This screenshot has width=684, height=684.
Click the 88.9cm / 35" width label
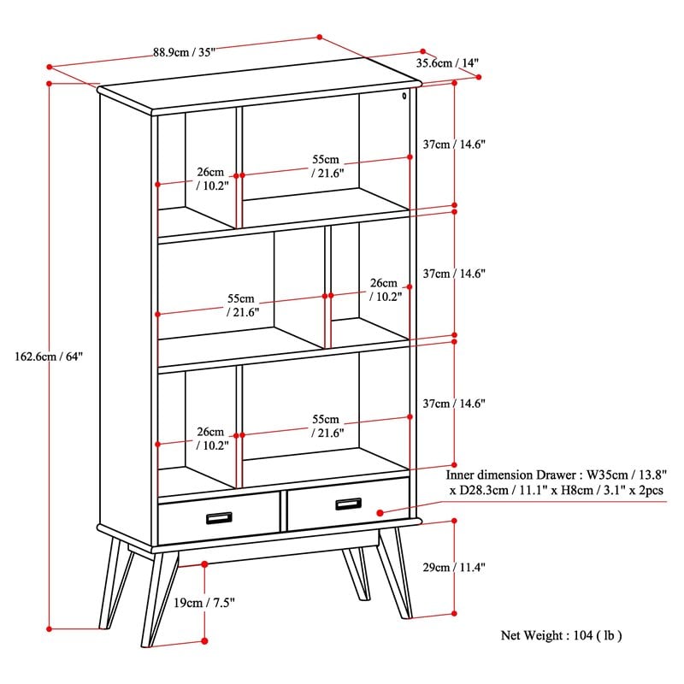click(184, 51)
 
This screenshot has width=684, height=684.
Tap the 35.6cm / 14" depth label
click(447, 62)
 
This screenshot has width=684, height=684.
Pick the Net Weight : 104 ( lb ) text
click(561, 635)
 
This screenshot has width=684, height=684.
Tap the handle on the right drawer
click(348, 504)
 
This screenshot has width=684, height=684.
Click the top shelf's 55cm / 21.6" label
click(326, 166)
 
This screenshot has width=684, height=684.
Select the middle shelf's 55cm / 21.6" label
click(242, 305)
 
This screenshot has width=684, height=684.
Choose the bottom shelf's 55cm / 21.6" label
click(326, 426)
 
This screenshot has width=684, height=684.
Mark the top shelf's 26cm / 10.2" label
click(210, 178)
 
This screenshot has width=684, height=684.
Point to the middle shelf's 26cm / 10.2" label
click(383, 290)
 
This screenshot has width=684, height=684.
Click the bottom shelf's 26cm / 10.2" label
click(210, 439)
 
